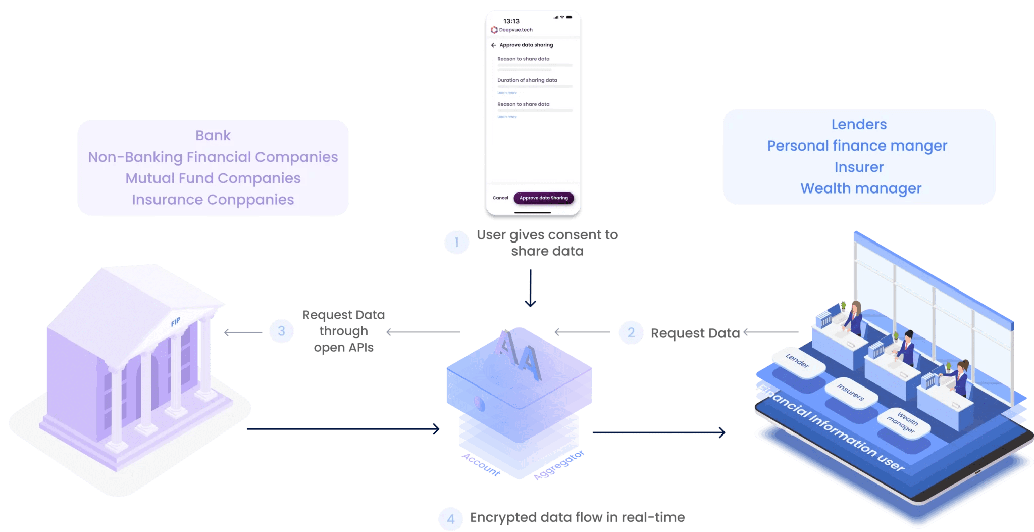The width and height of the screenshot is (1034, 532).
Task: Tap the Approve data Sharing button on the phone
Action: (543, 198)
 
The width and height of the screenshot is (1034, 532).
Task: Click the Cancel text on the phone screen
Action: (500, 198)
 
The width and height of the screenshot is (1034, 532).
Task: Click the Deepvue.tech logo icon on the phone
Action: (494, 30)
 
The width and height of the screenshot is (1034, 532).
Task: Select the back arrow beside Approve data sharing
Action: (493, 45)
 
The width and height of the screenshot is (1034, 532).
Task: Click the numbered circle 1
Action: (456, 243)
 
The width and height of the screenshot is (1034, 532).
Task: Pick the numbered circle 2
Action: (631, 332)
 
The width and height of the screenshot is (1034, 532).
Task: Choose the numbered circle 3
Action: (281, 331)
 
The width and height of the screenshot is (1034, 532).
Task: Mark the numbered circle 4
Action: (450, 519)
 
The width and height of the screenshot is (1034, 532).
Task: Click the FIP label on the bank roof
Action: (175, 322)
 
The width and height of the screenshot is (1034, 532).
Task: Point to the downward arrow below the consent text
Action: (530, 288)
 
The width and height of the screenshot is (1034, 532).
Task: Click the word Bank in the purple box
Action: (213, 136)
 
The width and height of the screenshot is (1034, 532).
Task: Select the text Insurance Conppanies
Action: (213, 200)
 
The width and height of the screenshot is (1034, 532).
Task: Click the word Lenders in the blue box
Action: (859, 125)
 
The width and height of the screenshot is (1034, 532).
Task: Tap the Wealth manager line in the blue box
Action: (861, 188)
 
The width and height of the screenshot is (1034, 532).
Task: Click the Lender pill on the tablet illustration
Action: (797, 361)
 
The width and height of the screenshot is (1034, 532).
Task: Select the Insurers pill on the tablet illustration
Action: (851, 392)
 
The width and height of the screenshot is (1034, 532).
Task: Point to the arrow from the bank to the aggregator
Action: (343, 429)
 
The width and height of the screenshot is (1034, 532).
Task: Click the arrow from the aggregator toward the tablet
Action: (659, 432)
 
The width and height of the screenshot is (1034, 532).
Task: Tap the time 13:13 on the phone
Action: (511, 21)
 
